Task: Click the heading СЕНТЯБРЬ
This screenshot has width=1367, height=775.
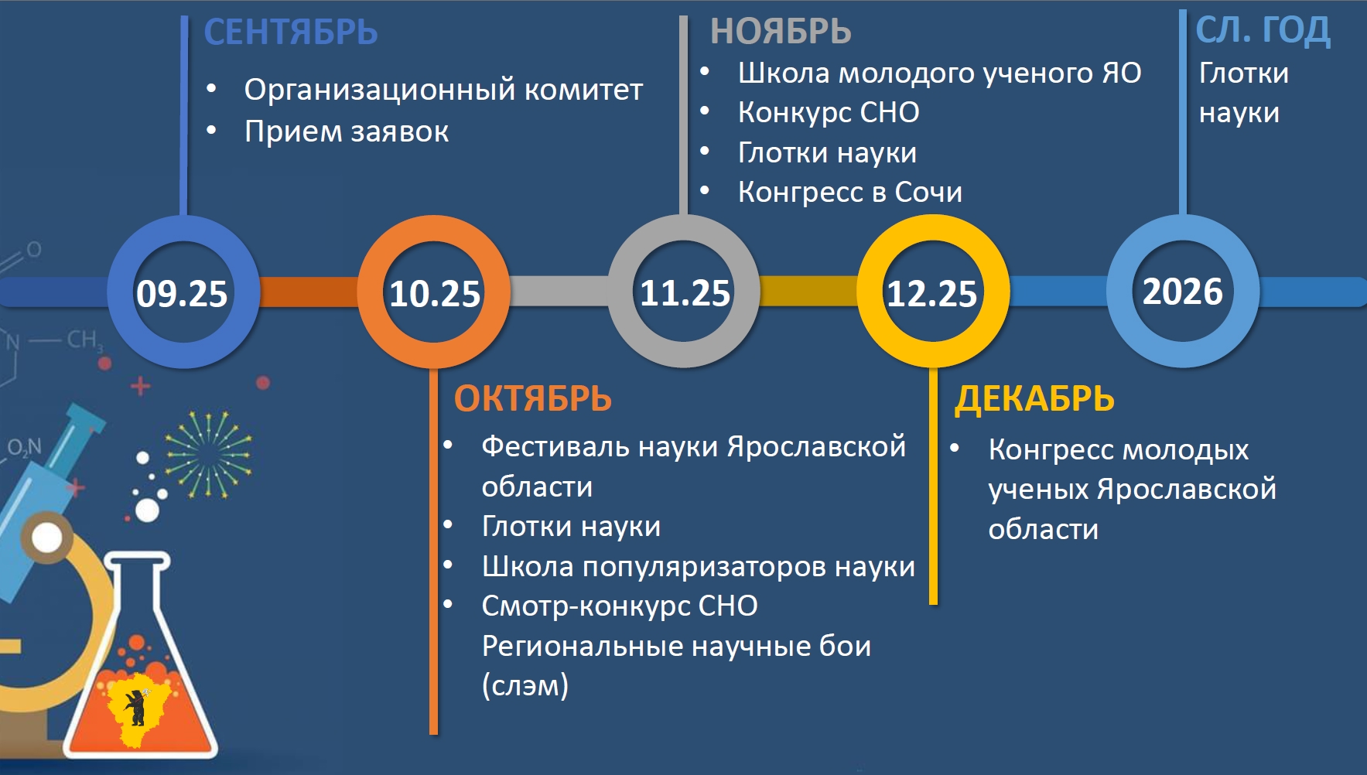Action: pos(291,32)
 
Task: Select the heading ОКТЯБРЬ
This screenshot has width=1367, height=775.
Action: pos(533,399)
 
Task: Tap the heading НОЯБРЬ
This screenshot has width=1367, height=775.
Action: pos(781,32)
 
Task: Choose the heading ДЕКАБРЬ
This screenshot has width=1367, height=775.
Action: pos(1034,399)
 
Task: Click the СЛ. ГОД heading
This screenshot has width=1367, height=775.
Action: pos(1263,31)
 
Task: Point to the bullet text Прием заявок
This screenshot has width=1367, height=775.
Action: pos(347,131)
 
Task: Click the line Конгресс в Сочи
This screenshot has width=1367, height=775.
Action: pos(850,192)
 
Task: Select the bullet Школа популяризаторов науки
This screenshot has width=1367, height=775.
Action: pos(698,567)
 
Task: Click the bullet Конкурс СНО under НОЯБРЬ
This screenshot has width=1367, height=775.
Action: pos(829,113)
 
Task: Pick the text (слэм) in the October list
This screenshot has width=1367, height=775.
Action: pos(525,686)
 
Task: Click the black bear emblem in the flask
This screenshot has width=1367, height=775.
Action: pos(136,707)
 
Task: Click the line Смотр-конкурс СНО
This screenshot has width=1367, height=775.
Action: pos(620,606)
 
